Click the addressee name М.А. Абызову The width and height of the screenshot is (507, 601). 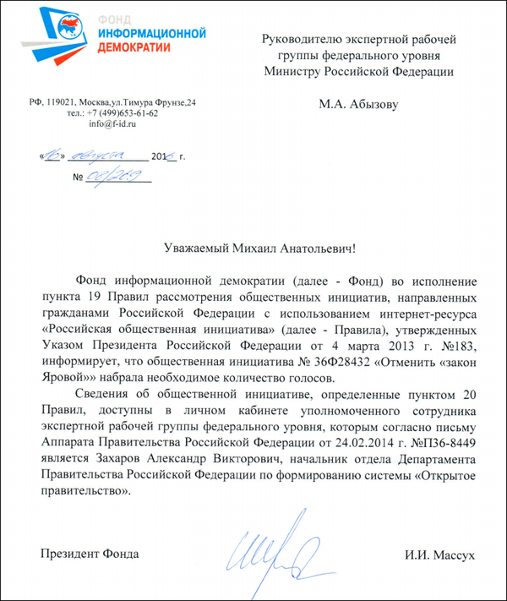[357, 105]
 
